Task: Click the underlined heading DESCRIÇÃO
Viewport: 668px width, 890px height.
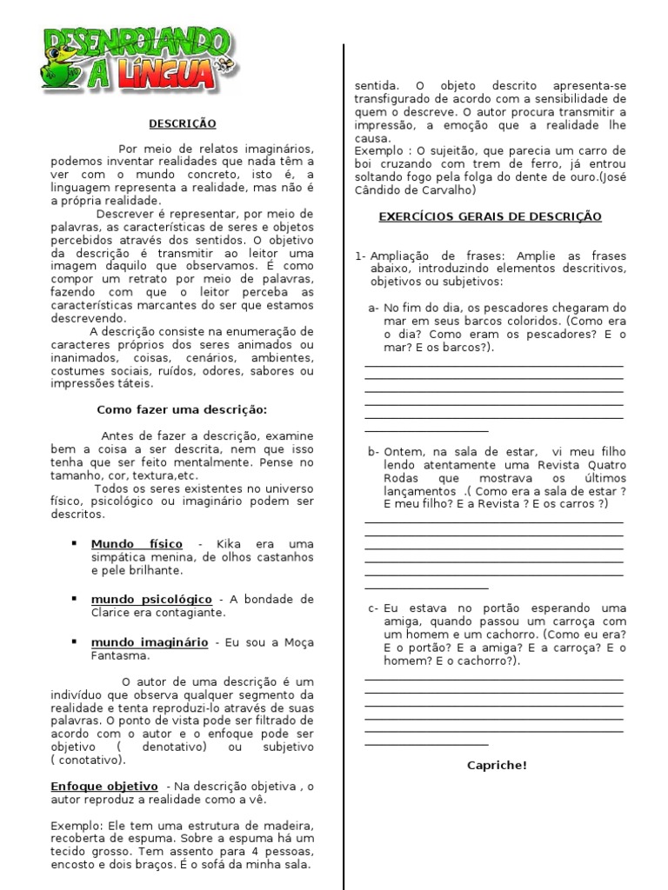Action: coord(182,124)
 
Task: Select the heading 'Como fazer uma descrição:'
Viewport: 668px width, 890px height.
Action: coord(181,408)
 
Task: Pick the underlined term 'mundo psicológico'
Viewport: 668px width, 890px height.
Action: coord(151,599)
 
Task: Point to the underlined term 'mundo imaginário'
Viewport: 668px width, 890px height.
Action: coord(149,641)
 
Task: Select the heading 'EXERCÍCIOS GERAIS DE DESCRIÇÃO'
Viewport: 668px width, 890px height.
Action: coord(490,216)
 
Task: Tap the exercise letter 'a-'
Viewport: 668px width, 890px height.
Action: coord(374,308)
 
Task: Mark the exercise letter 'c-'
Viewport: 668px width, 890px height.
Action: coord(373,608)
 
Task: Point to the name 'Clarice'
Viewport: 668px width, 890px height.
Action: coord(112,612)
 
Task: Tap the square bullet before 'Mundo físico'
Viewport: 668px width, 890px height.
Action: coord(74,543)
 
